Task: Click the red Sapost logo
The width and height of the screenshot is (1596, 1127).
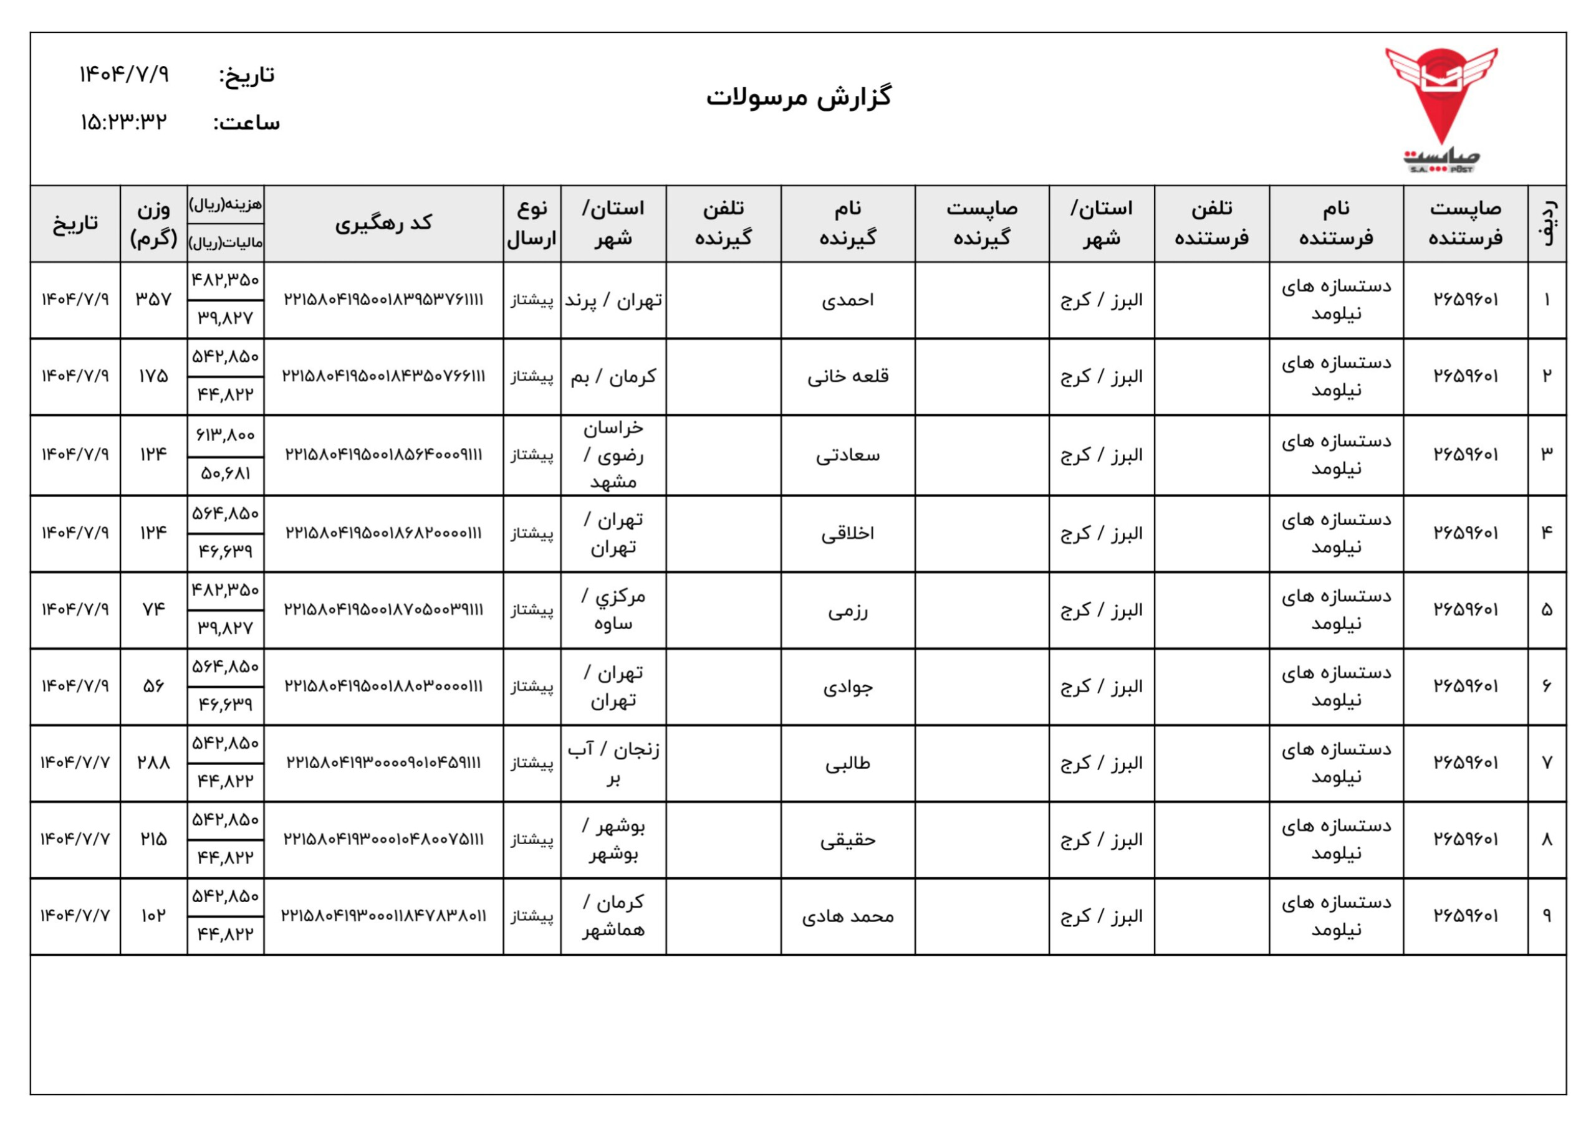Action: point(1441,108)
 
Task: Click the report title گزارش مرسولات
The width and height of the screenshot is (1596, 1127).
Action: point(799,97)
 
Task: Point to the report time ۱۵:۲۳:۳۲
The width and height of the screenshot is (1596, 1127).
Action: point(123,122)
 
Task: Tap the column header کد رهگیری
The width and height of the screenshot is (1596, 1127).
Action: point(383,223)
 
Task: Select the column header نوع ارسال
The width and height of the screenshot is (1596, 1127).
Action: point(532,223)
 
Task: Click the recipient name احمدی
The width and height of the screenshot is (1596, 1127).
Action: point(847,300)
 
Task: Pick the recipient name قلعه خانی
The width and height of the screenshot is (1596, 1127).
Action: point(847,376)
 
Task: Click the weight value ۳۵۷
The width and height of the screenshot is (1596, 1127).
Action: point(153,300)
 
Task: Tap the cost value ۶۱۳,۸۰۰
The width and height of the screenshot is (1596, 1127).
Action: point(225,435)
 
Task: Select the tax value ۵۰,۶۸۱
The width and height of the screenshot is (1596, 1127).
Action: point(225,474)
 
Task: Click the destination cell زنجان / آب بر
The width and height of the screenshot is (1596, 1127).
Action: point(613,763)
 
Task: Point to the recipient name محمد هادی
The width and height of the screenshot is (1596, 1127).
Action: point(847,916)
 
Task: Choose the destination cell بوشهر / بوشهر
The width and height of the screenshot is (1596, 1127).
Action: point(613,839)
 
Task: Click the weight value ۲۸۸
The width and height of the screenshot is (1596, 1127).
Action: point(153,763)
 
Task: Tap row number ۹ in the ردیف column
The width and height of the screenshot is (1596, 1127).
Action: point(1547,916)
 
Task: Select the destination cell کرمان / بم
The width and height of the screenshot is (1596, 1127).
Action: point(613,376)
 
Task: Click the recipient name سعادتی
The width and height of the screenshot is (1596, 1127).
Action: point(847,455)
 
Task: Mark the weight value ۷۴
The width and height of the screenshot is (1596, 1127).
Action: point(153,609)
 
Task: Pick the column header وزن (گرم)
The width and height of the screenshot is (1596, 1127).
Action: point(153,223)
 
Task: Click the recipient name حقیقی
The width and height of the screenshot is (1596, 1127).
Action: point(847,840)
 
